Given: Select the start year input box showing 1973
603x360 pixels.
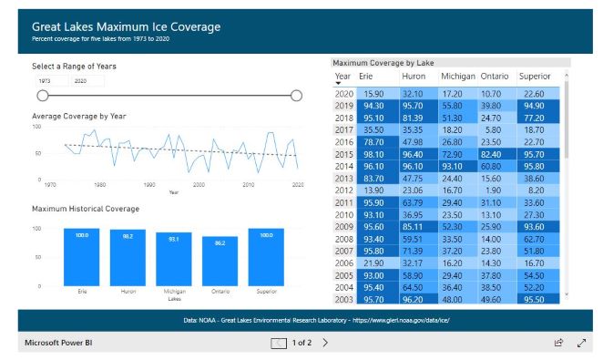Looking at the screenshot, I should [49, 81].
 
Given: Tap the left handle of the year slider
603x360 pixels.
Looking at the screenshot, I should [42, 96].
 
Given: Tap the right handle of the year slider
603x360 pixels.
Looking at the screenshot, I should [295, 96].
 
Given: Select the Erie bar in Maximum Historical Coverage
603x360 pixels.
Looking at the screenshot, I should [82, 256].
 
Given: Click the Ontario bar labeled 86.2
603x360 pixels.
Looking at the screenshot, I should [220, 261].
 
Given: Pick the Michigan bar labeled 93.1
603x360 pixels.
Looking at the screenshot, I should [174, 258].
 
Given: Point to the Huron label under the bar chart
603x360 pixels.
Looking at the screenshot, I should [128, 292].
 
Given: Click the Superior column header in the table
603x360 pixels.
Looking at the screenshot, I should [534, 77].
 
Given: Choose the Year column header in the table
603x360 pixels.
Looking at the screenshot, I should [342, 77].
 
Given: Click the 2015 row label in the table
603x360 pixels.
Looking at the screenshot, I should [344, 156].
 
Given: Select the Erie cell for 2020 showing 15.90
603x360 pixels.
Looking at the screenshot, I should [373, 94].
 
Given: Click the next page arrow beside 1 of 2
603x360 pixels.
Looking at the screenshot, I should [326, 343].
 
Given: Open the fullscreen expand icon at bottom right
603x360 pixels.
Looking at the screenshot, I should [582, 343].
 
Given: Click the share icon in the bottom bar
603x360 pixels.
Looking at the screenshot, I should [558, 343].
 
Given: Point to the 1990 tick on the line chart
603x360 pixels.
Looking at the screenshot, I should [149, 185].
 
